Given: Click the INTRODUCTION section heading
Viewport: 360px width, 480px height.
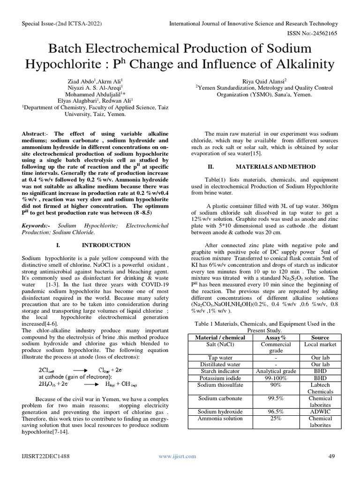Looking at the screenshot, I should (x=106, y=245).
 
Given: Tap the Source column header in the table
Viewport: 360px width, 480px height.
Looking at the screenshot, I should (x=320, y=337).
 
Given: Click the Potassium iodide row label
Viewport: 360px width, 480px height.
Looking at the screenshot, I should (x=213, y=378).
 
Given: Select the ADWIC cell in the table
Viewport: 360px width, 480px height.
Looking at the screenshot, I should (x=320, y=412).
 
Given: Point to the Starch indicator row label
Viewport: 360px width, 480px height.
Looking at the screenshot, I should (x=213, y=371).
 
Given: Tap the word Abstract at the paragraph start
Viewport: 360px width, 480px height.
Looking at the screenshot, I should (x=34, y=134).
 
